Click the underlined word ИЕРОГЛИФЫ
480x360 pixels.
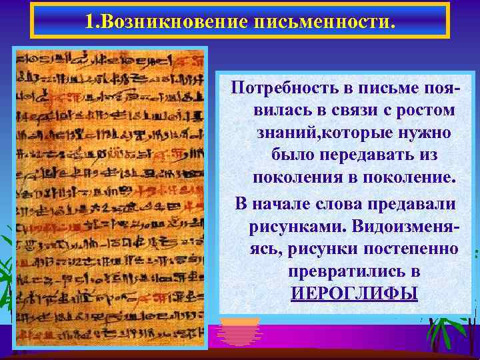coord(353,293)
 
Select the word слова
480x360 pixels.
coord(349,203)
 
